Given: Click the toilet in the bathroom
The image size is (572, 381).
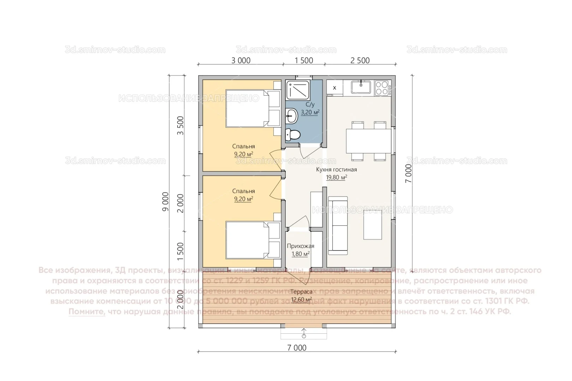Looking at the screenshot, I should pos(293,134).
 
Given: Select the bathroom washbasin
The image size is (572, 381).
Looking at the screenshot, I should pos(291,114).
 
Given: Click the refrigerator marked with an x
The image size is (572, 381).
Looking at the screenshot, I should pos(334,88).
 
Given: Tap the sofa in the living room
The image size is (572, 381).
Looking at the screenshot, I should pos(338,226).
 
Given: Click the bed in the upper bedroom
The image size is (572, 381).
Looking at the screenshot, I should pos(247,108).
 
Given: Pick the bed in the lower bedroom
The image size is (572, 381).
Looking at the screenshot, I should pos(247,240).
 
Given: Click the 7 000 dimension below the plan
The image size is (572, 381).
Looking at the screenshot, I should pos(297,348).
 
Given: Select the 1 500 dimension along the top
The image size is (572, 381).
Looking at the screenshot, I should pos(304,61).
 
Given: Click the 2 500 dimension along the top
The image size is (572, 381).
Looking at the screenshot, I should pos(360,61).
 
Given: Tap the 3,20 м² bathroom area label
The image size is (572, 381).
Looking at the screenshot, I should pos(310,113).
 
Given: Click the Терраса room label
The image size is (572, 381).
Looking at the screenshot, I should pos(301,292).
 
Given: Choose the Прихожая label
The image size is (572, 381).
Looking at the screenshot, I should pos(300,246).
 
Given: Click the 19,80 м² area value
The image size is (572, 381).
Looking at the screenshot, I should pos(336,177).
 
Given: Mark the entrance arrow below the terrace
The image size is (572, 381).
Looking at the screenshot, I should pos(304,333).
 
